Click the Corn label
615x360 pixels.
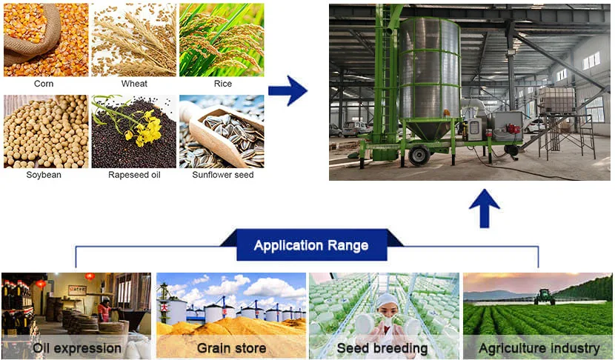[44, 84]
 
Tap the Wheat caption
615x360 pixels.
[134, 84]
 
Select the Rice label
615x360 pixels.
[223, 84]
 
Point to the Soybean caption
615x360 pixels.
[44, 175]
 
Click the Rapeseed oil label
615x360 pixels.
[134, 175]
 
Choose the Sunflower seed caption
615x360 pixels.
[223, 175]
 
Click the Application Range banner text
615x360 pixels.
[311, 245]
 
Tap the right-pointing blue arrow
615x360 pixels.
[287, 90]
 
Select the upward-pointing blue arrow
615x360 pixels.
[485, 208]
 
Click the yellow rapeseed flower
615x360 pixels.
[145, 127]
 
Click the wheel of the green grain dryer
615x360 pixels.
[419, 156]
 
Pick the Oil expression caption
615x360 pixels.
[77, 348]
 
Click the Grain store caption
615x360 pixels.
[231, 348]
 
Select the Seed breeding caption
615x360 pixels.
[382, 348]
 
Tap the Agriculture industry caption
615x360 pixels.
[539, 348]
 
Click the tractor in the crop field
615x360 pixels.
[545, 297]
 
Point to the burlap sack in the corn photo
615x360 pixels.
[31, 36]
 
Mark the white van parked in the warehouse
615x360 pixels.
[355, 129]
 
